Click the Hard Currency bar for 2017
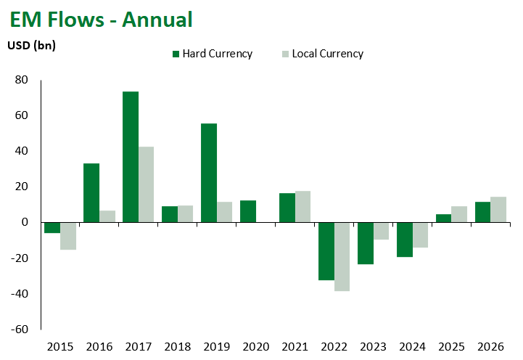pyautogui.click(x=131, y=157)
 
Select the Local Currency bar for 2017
pyautogui.click(x=146, y=184)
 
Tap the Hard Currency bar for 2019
pyautogui.click(x=209, y=173)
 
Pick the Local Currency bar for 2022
pyautogui.click(x=342, y=256)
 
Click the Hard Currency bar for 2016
pyautogui.click(x=91, y=193)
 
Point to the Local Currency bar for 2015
pyautogui.click(x=68, y=236)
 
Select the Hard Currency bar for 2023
pyautogui.click(x=366, y=243)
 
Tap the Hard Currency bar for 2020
pyautogui.click(x=248, y=211)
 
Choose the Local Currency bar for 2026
pyautogui.click(x=498, y=210)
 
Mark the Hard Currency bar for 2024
pyautogui.click(x=405, y=240)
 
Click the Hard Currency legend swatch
pyautogui.click(x=176, y=54)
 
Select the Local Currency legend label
pyautogui.click(x=328, y=54)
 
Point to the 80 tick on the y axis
pyautogui.click(x=21, y=80)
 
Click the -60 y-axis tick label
pyautogui.click(x=20, y=330)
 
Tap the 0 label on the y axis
pyautogui.click(x=25, y=222)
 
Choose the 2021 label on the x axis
pyautogui.click(x=295, y=347)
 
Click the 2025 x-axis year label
pyautogui.click(x=452, y=347)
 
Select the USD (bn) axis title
pyautogui.click(x=32, y=45)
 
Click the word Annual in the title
pyautogui.click(x=157, y=20)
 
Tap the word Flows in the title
pyautogui.click(x=76, y=20)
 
